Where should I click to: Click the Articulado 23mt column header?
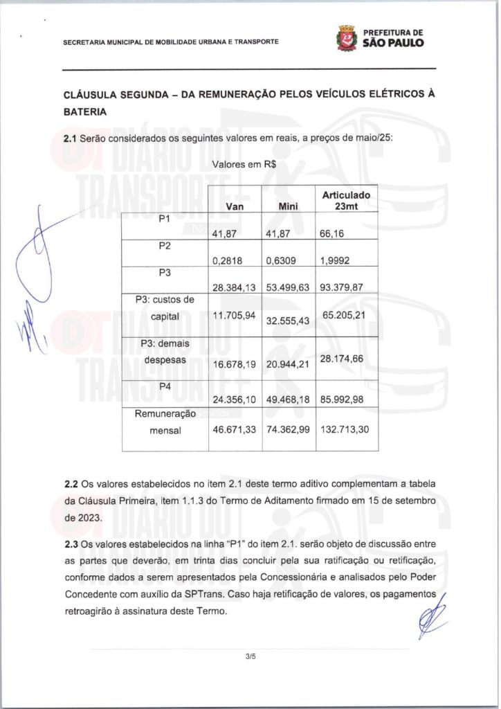pos(346,201)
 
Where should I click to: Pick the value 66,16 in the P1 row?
pos(331,234)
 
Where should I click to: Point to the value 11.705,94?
pos(234,316)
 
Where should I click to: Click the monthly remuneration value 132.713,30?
pos(345,430)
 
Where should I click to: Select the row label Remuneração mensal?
pos(165,421)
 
